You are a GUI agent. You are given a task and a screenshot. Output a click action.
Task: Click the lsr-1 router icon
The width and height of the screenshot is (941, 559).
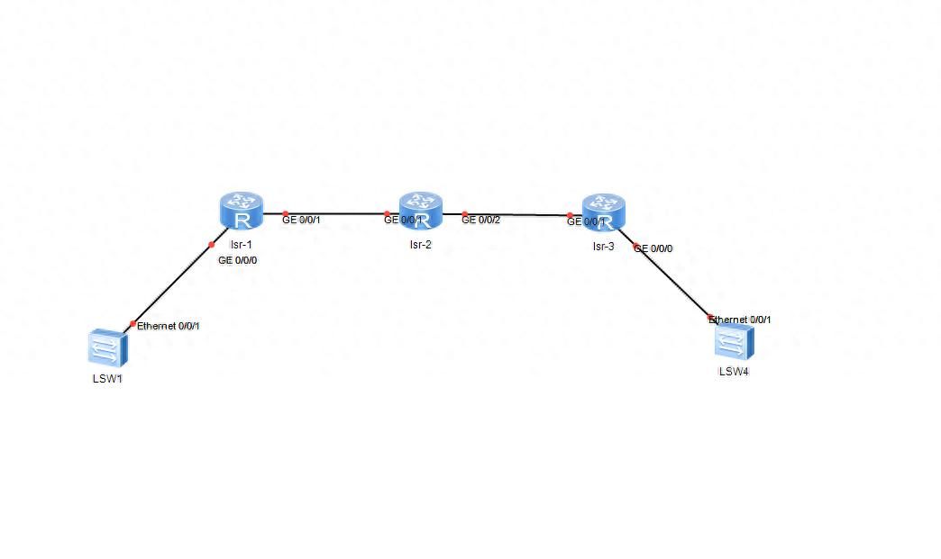[241, 212]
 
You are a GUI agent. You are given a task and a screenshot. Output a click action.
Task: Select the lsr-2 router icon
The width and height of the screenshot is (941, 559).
[421, 212]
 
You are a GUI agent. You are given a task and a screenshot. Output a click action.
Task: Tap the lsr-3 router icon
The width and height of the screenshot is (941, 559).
[603, 212]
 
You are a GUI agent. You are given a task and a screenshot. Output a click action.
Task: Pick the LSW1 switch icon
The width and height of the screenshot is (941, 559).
[106, 347]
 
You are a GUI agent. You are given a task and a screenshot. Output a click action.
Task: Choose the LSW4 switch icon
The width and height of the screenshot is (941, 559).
[733, 343]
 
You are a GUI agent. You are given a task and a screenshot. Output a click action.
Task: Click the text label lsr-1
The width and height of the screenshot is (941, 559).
[241, 244]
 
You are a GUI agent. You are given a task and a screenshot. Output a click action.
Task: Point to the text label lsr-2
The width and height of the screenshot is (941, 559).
[421, 244]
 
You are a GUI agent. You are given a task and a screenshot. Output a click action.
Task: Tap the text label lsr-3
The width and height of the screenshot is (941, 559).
[603, 246]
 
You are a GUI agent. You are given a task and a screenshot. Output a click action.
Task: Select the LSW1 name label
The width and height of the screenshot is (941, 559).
[106, 378]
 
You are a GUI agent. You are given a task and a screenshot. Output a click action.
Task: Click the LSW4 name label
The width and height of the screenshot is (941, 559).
[733, 371]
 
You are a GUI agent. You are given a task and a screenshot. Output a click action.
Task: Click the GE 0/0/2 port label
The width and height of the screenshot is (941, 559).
[480, 220]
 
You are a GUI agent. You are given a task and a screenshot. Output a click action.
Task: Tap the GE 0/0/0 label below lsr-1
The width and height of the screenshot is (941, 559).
[238, 260]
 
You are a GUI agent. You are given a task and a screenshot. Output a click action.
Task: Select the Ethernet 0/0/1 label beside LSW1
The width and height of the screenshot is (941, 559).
[169, 326]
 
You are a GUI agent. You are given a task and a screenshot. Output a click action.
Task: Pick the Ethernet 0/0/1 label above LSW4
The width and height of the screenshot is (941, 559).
[740, 320]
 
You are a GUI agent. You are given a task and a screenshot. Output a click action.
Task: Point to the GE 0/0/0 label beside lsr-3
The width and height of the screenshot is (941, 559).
[654, 248]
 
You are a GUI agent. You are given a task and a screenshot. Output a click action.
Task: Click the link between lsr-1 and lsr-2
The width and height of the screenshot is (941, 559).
[333, 213]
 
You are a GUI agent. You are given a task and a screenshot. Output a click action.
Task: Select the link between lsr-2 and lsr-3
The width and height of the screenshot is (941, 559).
[514, 214]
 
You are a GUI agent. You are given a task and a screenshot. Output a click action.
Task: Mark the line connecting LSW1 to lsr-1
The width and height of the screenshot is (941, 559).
[171, 284]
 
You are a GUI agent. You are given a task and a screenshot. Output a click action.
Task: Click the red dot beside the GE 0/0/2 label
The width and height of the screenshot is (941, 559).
[465, 214]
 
